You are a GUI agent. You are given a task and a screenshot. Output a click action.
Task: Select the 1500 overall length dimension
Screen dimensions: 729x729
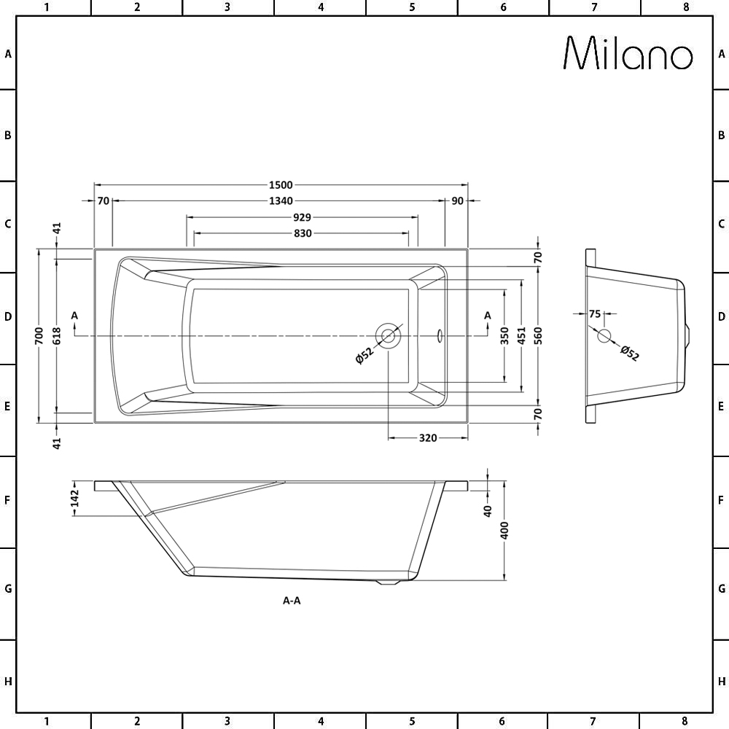click(281, 185)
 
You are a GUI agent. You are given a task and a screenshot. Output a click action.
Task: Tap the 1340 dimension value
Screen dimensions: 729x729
click(281, 201)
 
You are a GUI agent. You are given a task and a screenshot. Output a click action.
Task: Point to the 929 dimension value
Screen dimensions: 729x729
click(302, 217)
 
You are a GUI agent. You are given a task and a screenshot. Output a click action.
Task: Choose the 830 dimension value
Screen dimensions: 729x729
click(303, 233)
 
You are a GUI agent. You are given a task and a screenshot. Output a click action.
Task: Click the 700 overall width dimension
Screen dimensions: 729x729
click(39, 335)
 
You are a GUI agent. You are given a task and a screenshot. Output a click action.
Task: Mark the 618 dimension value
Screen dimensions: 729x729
click(56, 335)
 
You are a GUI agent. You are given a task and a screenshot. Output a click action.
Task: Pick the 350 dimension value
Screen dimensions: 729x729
click(505, 335)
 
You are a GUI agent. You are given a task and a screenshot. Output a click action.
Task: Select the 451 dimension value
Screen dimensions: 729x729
click(521, 335)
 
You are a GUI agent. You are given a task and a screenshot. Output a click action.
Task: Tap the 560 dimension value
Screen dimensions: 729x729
click(538, 335)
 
